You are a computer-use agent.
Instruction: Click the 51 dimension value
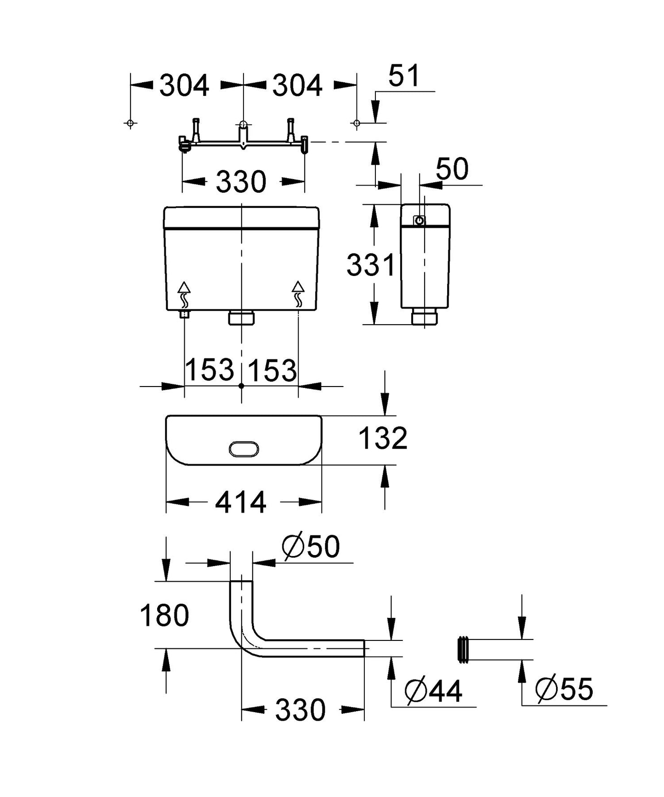coord(404,76)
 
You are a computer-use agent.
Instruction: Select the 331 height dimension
coord(370,265)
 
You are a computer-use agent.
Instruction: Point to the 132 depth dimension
coord(383,438)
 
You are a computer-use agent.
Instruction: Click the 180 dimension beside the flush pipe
coord(164,616)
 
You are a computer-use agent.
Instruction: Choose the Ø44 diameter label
coord(433,691)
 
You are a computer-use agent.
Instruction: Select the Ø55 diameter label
coord(564,689)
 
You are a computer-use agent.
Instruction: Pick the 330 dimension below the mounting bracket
coord(241,182)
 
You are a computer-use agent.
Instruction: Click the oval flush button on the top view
coord(244,449)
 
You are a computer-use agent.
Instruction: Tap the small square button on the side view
coord(419,221)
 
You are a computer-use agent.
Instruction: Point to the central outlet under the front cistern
coord(241,318)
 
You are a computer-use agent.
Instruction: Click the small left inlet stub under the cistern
coord(185,314)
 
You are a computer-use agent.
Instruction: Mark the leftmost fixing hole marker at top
coord(130,123)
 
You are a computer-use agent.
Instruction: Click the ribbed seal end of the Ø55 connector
coord(463,649)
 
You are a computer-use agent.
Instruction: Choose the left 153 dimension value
coord(210,370)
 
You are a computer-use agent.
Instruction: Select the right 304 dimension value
coord(297,86)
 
